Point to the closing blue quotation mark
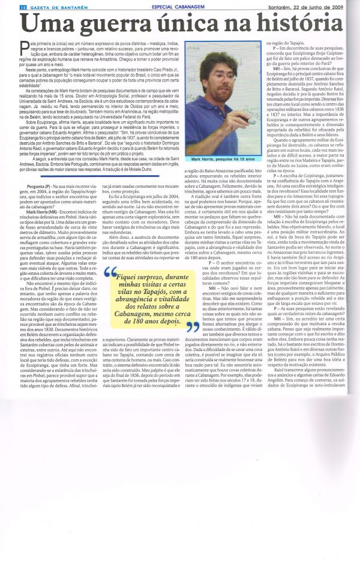click(x=193, y=326)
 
